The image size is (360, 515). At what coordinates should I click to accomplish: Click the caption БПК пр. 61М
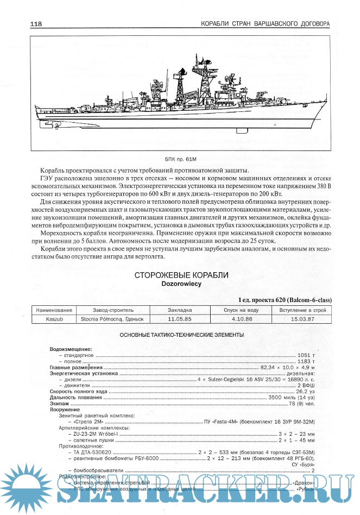point(181,160)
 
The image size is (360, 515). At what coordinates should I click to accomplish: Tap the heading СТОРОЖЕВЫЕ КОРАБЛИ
point(181,275)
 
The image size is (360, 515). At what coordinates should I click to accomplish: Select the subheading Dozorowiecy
point(181,284)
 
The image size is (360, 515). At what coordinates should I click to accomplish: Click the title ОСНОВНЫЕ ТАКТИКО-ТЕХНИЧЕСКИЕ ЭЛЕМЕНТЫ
point(181,335)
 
